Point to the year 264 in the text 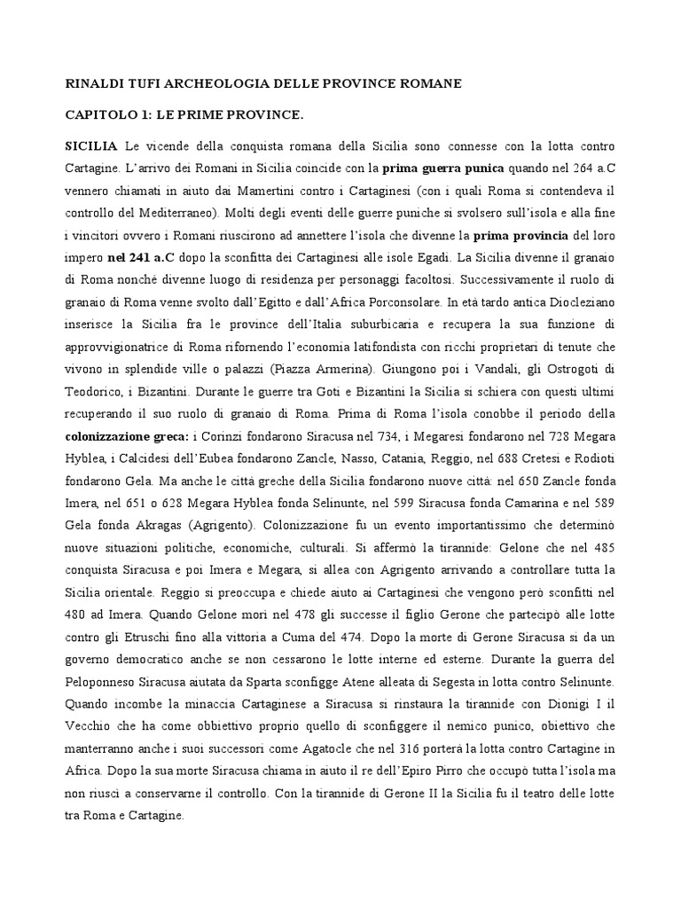[x=566, y=168]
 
